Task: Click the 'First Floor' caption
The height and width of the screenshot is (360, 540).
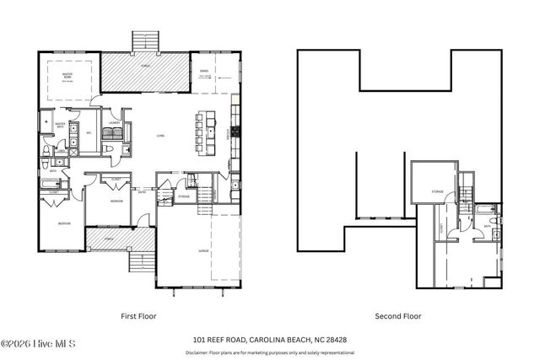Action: click(x=139, y=316)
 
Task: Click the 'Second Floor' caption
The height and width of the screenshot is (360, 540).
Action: click(x=395, y=316)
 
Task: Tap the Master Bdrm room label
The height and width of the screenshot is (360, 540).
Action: click(x=67, y=75)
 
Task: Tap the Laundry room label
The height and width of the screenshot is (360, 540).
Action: click(x=113, y=123)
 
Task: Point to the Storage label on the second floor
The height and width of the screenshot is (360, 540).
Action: click(x=437, y=191)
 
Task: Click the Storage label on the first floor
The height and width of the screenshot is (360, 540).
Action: click(x=184, y=196)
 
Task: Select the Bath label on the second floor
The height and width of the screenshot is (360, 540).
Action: click(x=488, y=225)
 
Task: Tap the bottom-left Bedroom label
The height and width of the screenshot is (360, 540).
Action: click(x=63, y=223)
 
